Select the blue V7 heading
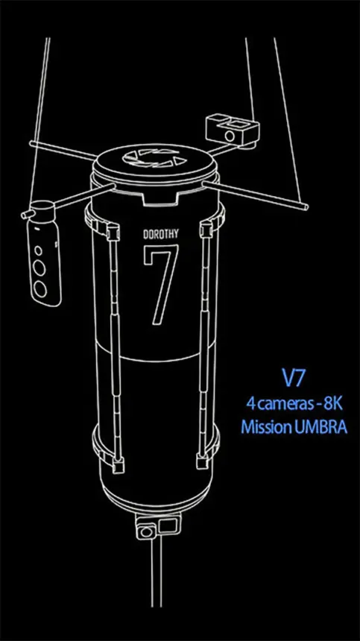point(293,379)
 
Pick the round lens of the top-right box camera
point(230,136)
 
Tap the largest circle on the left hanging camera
point(40,289)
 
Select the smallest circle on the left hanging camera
point(37,250)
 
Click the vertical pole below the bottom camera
point(156,572)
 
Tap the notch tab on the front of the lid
point(160,198)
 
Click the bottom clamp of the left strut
point(117,465)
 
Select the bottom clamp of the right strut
point(203,461)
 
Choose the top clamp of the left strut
point(112,232)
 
